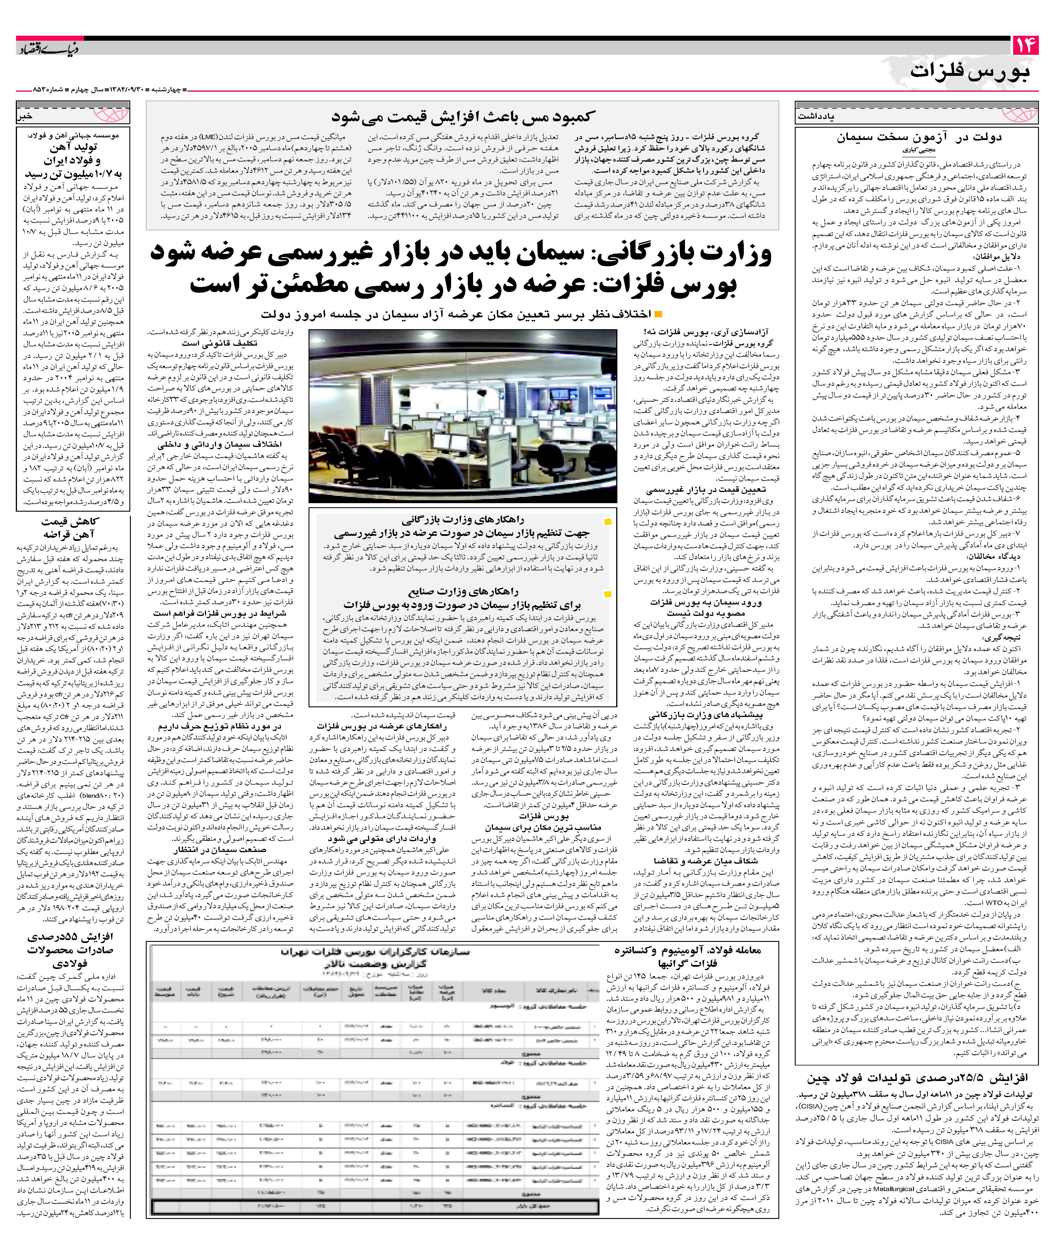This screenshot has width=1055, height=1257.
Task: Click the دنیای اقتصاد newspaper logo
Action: point(48,48)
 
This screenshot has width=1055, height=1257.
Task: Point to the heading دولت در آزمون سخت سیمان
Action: point(919,137)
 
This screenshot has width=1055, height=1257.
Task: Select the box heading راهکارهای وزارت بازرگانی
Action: point(463,520)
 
